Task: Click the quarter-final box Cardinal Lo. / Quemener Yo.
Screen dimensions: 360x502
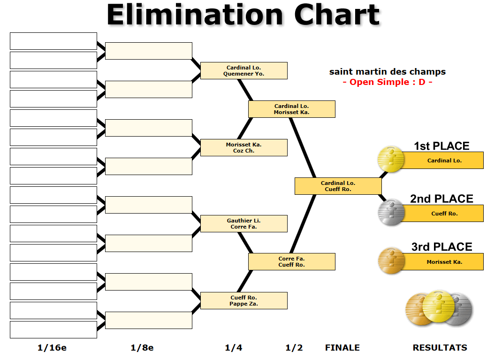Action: click(x=243, y=70)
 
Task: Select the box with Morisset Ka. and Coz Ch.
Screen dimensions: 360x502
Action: click(x=243, y=147)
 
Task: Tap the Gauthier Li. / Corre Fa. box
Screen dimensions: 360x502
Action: click(x=243, y=223)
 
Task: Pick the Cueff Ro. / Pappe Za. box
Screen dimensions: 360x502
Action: click(x=243, y=300)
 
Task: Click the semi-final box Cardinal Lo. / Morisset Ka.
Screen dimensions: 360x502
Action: click(x=291, y=109)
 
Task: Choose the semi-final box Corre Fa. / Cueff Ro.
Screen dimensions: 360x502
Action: click(x=291, y=261)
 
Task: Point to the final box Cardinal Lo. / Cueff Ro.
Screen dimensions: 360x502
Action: click(x=338, y=186)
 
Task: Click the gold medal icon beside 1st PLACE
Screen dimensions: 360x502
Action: click(x=391, y=159)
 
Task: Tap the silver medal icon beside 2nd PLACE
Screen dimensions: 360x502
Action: click(x=391, y=212)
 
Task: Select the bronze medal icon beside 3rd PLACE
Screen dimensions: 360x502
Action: click(x=391, y=260)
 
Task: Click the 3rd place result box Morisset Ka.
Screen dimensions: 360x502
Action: click(x=444, y=262)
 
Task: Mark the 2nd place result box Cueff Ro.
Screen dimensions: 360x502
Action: click(x=444, y=214)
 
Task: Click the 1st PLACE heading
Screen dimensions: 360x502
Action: click(x=441, y=146)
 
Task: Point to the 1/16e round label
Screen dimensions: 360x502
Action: click(x=52, y=348)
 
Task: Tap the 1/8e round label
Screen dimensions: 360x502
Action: click(x=142, y=348)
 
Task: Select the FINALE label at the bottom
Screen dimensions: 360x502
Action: click(x=342, y=348)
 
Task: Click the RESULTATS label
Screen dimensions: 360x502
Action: click(x=440, y=348)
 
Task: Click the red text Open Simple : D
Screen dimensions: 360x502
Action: click(x=388, y=82)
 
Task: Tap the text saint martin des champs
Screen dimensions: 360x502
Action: click(x=388, y=72)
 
